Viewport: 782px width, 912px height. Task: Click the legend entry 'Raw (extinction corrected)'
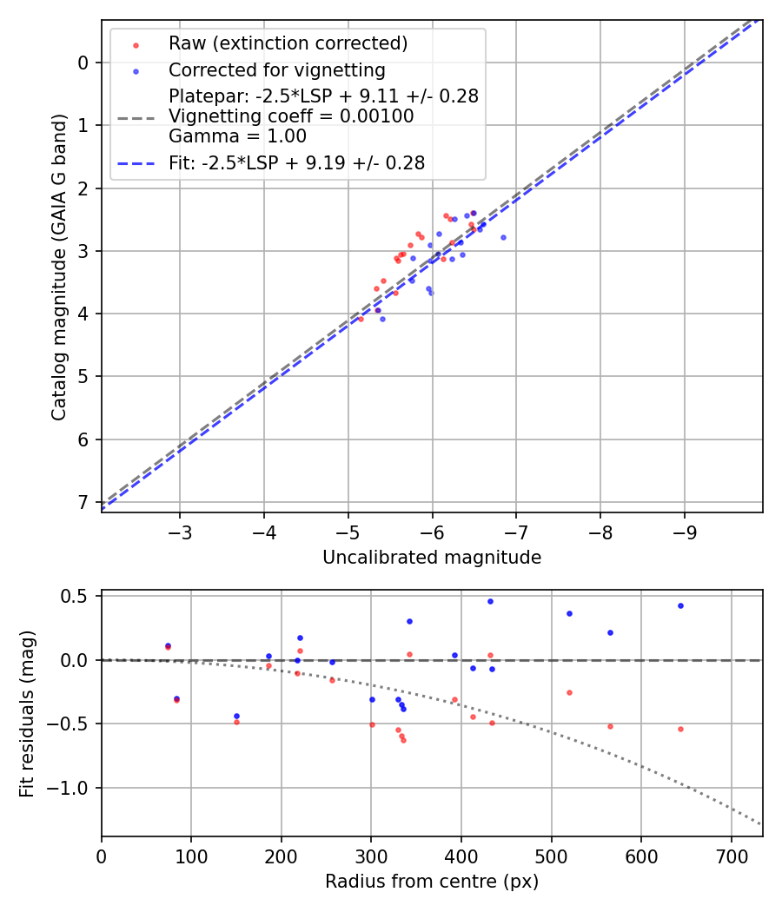(288, 43)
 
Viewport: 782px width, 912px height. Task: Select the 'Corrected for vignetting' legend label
(276, 69)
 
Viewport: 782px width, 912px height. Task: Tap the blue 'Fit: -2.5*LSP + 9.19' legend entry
(296, 162)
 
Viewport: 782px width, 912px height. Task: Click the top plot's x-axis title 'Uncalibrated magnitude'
(432, 558)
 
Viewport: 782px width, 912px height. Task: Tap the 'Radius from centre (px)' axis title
(432, 882)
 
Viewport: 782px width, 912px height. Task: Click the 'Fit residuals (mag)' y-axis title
(27, 712)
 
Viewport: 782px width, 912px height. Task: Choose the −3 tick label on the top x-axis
(180, 530)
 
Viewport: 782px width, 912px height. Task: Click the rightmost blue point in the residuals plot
(680, 605)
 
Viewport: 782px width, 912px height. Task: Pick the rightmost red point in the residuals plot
(680, 729)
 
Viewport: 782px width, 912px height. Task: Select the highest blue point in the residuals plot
(490, 601)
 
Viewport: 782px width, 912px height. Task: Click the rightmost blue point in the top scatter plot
(503, 237)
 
